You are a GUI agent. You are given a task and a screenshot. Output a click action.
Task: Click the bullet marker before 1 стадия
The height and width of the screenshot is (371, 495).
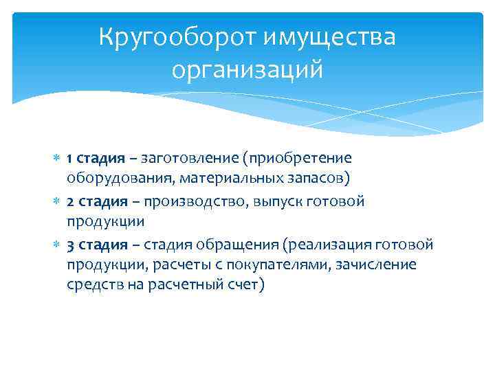tap(58, 159)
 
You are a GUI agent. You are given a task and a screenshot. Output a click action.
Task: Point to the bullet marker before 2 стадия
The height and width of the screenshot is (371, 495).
tap(58, 202)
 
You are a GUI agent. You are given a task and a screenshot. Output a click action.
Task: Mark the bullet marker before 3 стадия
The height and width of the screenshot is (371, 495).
tap(58, 245)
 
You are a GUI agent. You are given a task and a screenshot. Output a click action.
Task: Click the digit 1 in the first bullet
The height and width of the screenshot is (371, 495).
tap(70, 159)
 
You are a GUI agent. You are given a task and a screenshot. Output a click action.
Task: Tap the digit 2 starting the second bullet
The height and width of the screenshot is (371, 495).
tap(71, 202)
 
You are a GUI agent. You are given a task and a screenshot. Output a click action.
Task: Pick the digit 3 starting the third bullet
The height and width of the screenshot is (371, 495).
tap(71, 245)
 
